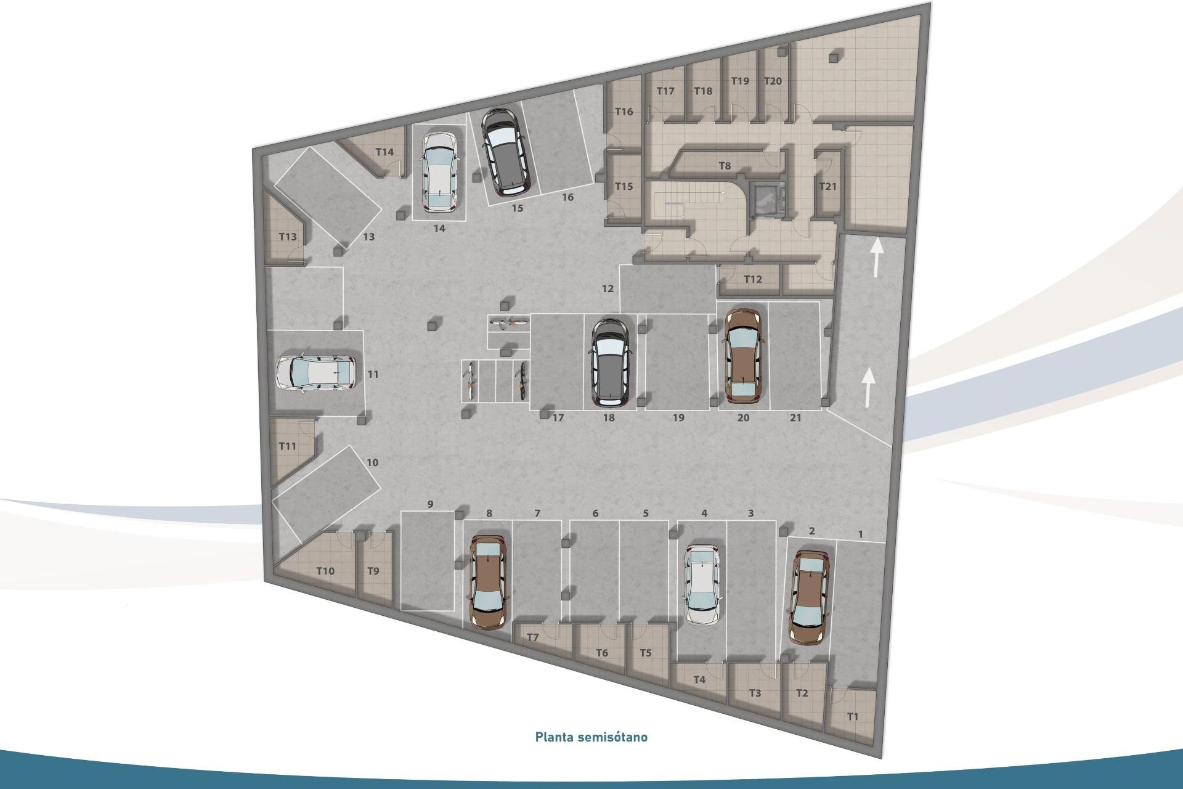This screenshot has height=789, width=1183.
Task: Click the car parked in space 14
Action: click(x=439, y=171)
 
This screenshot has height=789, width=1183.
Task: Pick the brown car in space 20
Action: click(x=744, y=356)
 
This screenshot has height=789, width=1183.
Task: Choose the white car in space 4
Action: click(x=703, y=584)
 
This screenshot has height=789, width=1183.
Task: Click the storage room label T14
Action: click(x=384, y=152)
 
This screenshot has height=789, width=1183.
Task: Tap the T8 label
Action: click(x=725, y=166)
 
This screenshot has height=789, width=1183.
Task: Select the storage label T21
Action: click(x=827, y=186)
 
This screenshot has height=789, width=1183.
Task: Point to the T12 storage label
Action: click(x=753, y=279)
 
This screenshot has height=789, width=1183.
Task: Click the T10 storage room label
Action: click(x=325, y=571)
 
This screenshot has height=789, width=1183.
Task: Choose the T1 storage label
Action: click(x=852, y=717)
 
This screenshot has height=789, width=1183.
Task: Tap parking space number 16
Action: click(x=567, y=197)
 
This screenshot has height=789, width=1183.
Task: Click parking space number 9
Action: click(x=430, y=504)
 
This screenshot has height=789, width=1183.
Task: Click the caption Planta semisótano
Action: click(x=591, y=737)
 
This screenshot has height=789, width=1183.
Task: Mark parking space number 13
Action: click(x=368, y=237)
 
